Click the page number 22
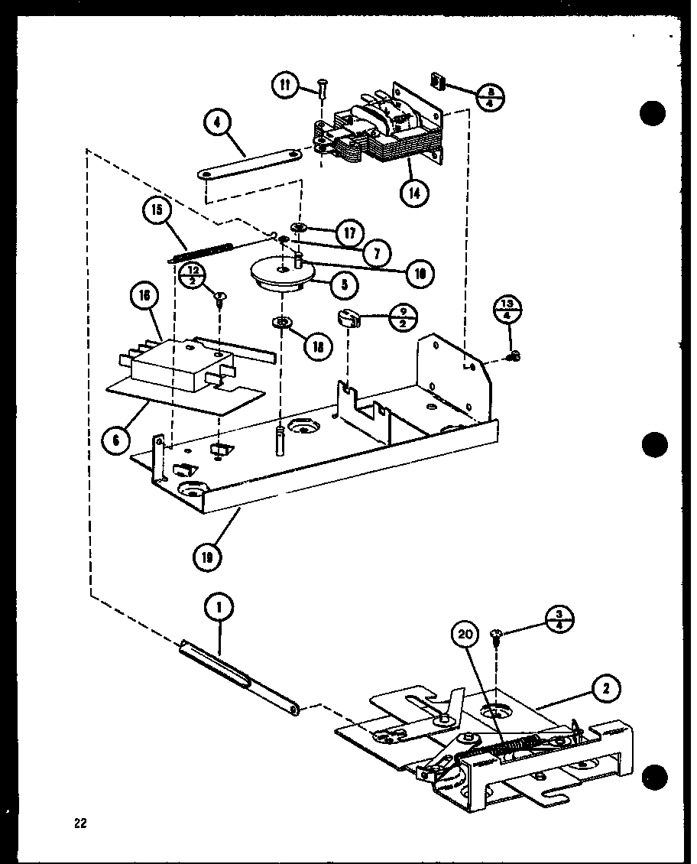click(x=80, y=823)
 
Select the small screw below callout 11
click(x=321, y=96)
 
